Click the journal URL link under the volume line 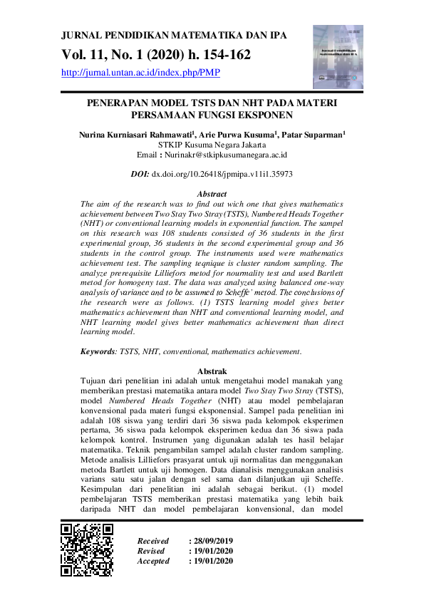coord(140,72)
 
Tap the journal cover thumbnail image coord(338,57)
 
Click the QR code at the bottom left coord(87,549)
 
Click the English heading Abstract coord(212,194)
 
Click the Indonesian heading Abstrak coord(212,371)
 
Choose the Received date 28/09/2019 coord(212,541)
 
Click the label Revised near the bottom coord(150,551)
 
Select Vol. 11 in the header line coord(84,54)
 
